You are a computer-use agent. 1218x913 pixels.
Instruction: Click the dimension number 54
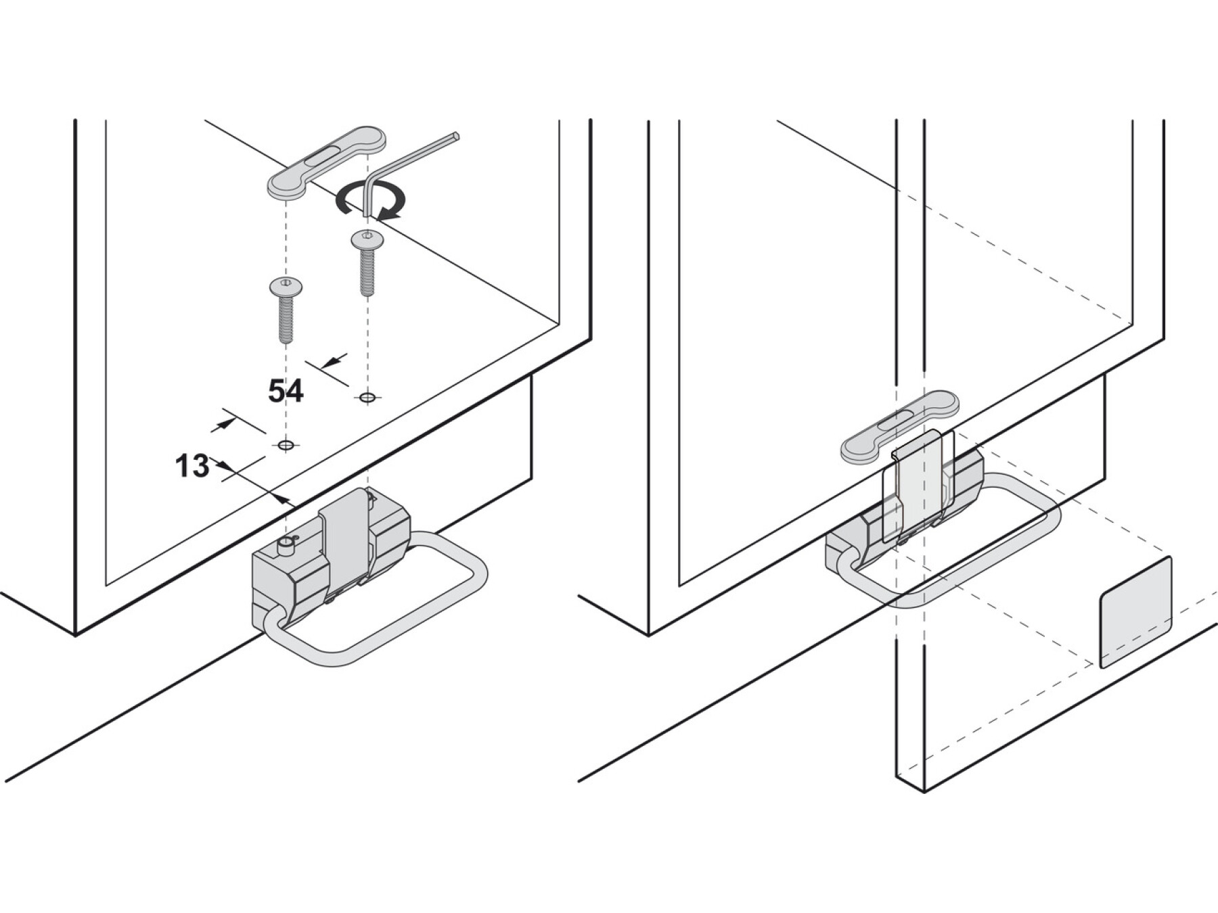[x=286, y=391]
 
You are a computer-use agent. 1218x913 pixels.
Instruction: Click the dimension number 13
[x=192, y=466]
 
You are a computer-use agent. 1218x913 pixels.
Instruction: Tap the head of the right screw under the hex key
[x=367, y=239]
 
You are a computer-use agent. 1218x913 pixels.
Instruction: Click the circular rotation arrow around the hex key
[x=371, y=202]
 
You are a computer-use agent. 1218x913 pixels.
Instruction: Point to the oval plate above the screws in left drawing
[x=328, y=162]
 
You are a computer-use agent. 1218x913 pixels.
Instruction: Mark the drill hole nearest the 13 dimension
[x=286, y=445]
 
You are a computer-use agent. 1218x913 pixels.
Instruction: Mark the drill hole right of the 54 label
[x=367, y=398]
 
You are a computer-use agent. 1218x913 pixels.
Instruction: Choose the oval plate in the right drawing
[x=900, y=426]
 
